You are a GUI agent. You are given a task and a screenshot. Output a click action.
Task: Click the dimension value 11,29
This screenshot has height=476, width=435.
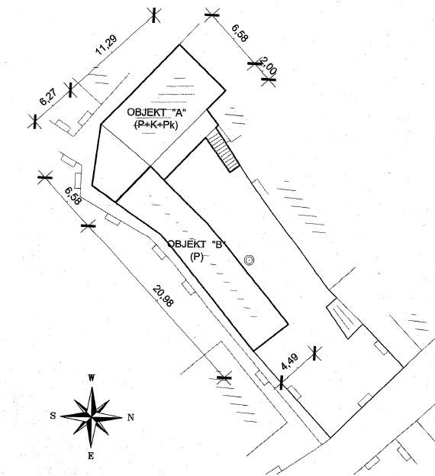[106, 45]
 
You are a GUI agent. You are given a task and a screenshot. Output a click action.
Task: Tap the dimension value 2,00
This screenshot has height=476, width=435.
[269, 66]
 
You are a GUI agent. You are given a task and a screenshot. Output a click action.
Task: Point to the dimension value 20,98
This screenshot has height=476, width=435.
[163, 296]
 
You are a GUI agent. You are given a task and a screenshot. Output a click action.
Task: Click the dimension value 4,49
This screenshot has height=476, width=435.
[290, 361]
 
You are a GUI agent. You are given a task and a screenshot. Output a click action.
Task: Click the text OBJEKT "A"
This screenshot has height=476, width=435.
[156, 112]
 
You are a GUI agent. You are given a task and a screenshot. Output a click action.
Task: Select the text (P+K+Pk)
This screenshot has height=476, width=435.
[156, 125]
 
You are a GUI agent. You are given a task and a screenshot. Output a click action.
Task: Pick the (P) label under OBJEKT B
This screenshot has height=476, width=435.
[196, 257]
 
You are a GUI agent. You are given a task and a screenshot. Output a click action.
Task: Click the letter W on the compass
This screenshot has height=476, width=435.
[91, 378]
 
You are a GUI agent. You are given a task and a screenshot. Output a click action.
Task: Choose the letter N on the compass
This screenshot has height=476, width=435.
[130, 418]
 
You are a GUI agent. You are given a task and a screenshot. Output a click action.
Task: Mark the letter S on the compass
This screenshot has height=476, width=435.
[53, 416]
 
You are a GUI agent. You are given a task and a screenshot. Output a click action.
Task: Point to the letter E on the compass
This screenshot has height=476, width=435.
[91, 456]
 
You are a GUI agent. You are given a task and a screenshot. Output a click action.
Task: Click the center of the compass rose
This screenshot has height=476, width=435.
[92, 417]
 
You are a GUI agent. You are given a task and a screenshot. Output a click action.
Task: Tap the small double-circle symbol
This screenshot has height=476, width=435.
[249, 260]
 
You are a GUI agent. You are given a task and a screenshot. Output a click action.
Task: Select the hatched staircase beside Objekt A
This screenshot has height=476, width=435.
[224, 150]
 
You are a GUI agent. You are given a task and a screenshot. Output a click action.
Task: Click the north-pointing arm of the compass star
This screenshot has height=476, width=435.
[108, 417]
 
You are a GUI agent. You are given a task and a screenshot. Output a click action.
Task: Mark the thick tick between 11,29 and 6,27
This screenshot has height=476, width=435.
[71, 90]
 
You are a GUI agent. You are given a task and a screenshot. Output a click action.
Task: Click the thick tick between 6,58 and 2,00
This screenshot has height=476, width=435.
[254, 63]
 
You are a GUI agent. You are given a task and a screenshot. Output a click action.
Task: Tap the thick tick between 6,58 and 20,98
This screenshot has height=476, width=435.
[89, 226]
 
